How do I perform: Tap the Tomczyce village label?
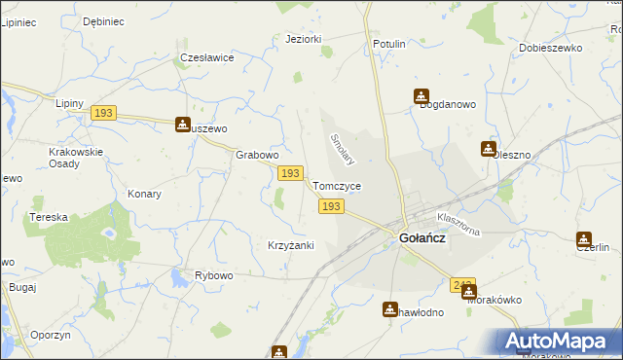(338, 186)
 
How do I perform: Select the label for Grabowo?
(258, 155)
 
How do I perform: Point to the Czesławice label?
(206, 57)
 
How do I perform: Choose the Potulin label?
(388, 45)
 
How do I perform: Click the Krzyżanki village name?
(290, 245)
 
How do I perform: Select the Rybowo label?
(214, 275)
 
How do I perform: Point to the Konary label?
(144, 194)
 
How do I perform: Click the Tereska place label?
(48, 217)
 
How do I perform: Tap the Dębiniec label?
(103, 20)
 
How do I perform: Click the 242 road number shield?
(462, 285)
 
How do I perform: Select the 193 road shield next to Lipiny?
(104, 114)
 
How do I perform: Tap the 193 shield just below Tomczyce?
(331, 206)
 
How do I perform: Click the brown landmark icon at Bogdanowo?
(421, 96)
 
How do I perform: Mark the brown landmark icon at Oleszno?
(488, 149)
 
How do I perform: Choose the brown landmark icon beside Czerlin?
(583, 239)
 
